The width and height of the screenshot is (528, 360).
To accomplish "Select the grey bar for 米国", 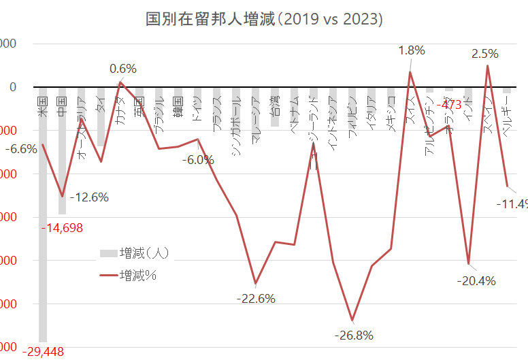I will click(x=43, y=218).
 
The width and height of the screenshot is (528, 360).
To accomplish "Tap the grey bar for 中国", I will click(x=62, y=157).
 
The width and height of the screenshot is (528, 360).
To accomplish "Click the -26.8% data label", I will click(x=354, y=335).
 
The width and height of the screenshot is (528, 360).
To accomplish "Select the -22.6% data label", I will click(x=256, y=298).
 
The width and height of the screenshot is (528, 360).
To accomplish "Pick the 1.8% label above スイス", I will click(x=412, y=50).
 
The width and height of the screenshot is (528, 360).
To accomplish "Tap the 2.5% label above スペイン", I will click(x=485, y=52).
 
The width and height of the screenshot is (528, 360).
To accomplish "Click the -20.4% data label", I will click(x=476, y=280).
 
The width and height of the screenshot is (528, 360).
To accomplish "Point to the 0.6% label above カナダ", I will click(x=123, y=68).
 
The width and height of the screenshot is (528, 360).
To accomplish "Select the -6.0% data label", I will click(x=198, y=160).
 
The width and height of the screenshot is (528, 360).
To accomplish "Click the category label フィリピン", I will click(x=351, y=117).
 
